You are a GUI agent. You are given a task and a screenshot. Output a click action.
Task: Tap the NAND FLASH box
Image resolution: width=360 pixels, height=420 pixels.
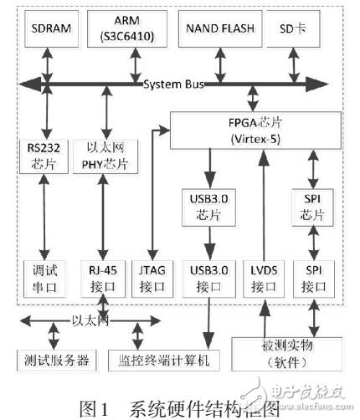pos(220,30)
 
